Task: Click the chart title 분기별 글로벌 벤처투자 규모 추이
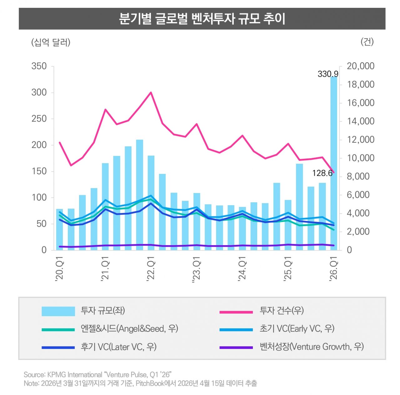pos(202,19)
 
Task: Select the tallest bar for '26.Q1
pos(334,163)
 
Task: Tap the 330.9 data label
pos(328,74)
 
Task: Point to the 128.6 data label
pos(322,173)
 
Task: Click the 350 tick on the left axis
pos(39,66)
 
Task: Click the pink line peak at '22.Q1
pos(151,93)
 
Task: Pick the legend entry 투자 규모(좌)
pos(103,311)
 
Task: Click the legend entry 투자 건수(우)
pos(281,311)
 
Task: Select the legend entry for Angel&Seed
pos(129,329)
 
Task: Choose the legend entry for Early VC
pos(297,329)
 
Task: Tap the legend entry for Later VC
pos(118,347)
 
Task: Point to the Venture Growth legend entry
pos(311,347)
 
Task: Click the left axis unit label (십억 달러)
pos(51,42)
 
